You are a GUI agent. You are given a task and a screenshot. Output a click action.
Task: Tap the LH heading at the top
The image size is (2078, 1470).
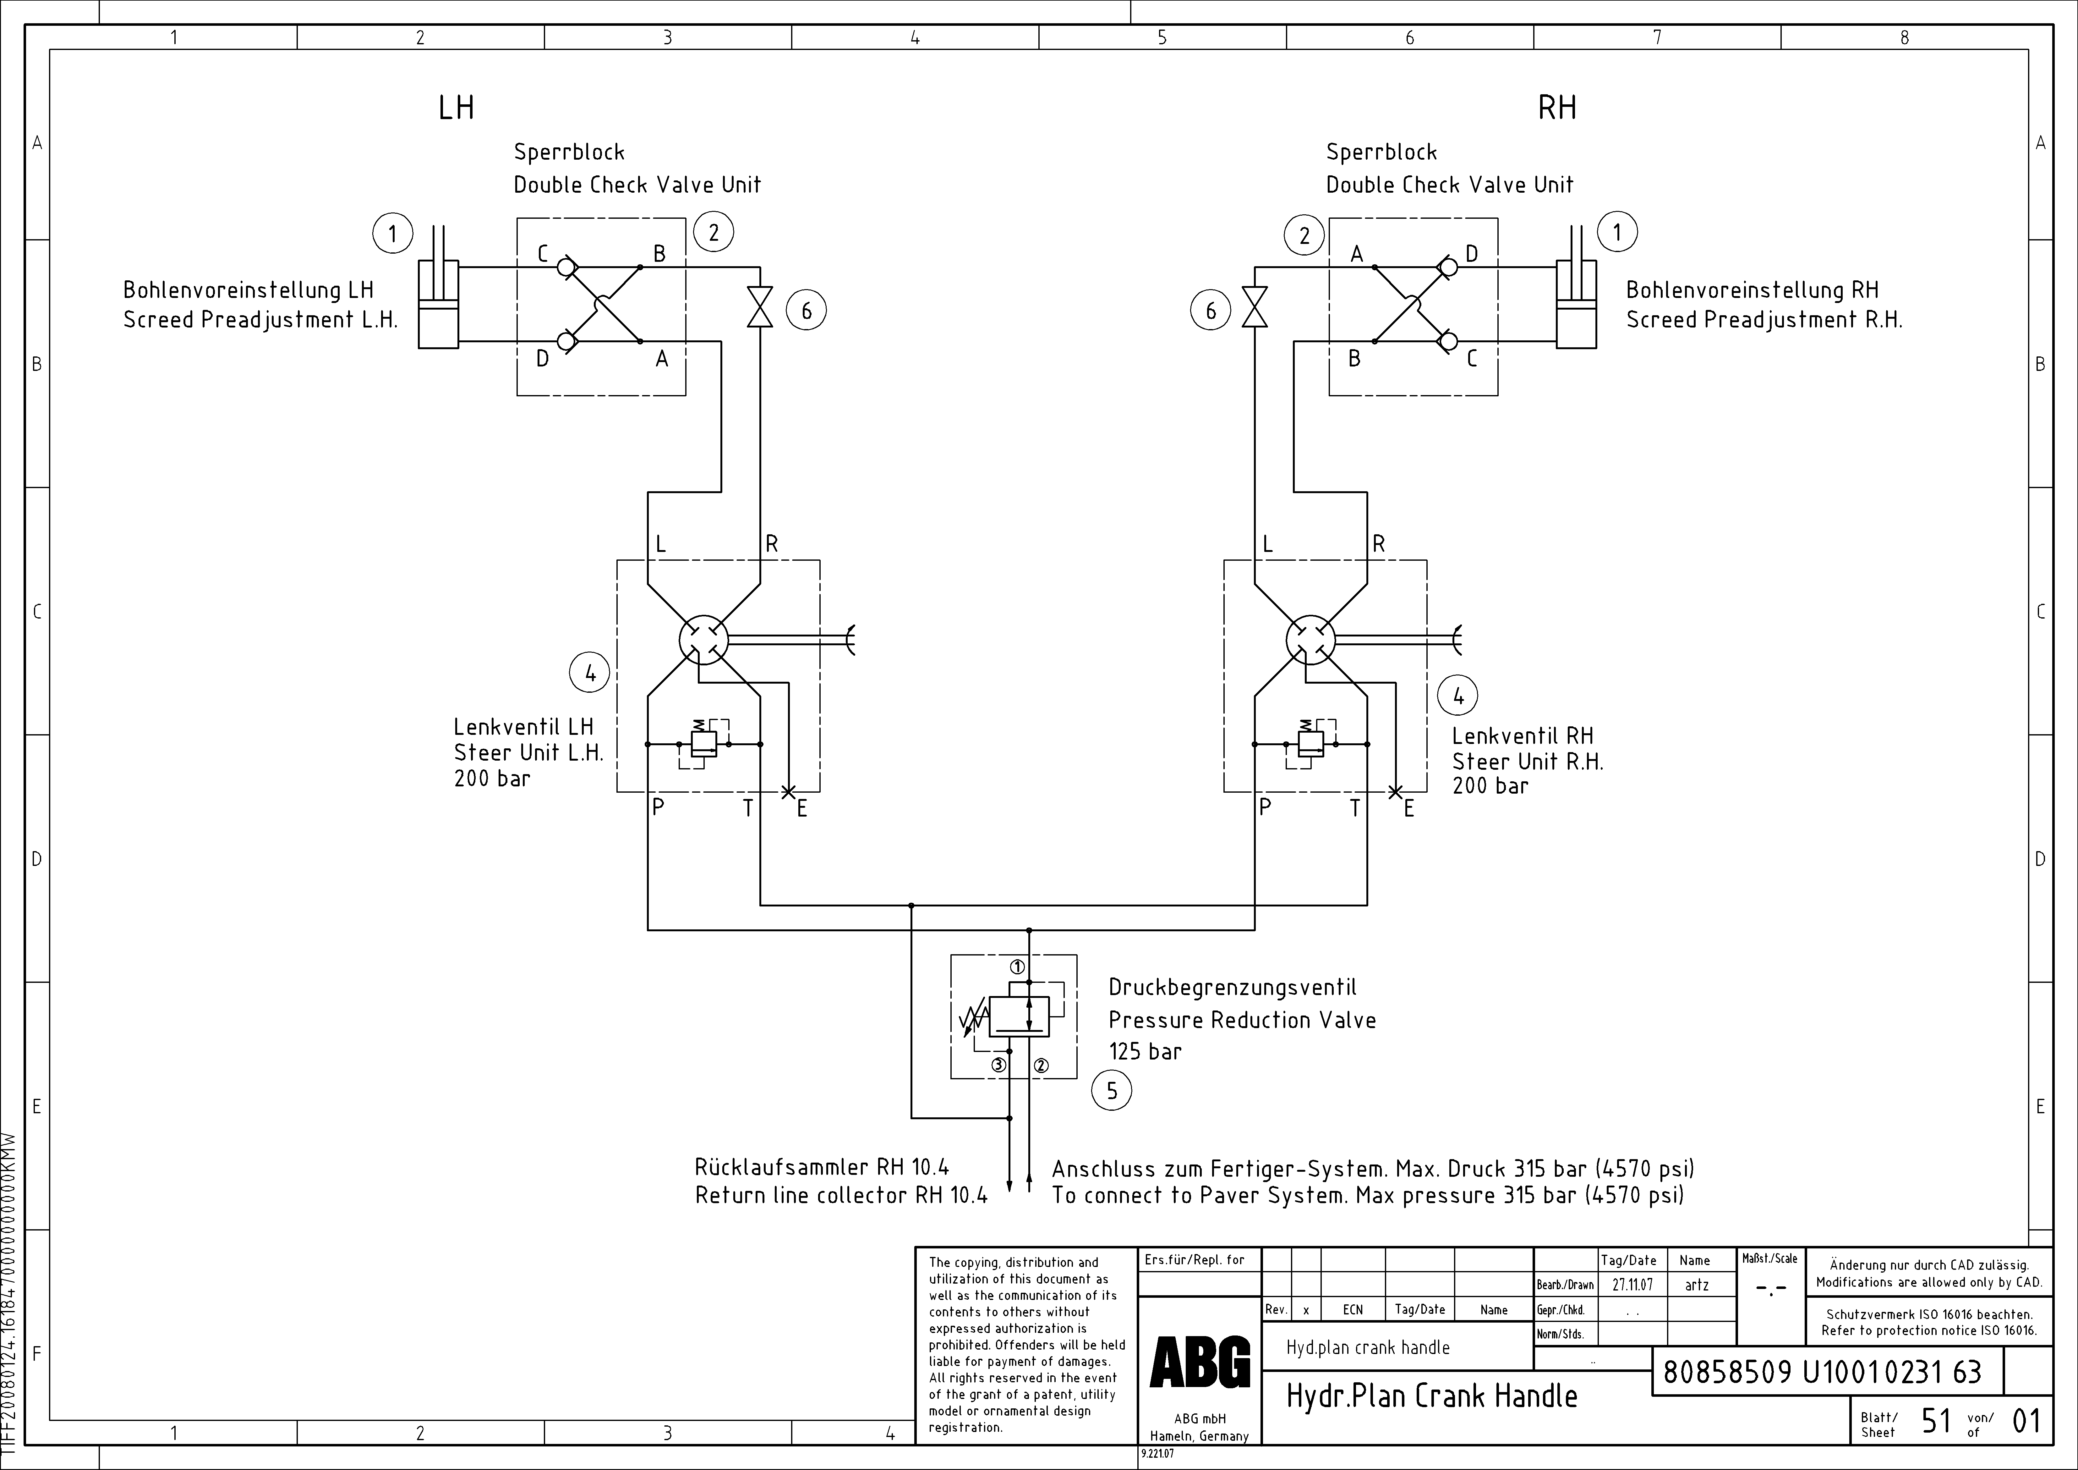pos(456,108)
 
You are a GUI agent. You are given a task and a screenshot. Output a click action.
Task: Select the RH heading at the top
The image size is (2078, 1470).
pos(1557,108)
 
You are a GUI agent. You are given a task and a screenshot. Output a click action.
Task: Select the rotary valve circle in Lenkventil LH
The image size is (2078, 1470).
pos(703,640)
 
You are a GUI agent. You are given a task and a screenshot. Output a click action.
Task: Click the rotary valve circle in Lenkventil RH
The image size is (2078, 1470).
pos(1310,640)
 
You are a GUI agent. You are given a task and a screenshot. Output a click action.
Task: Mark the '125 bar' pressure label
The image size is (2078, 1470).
pos(1145,1052)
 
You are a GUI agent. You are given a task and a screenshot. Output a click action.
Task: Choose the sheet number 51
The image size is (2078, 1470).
pos(1936,1421)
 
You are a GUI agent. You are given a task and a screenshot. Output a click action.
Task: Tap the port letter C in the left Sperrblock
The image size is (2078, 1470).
pos(543,254)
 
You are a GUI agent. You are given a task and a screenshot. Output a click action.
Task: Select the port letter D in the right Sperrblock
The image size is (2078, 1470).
pos(1472,254)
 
